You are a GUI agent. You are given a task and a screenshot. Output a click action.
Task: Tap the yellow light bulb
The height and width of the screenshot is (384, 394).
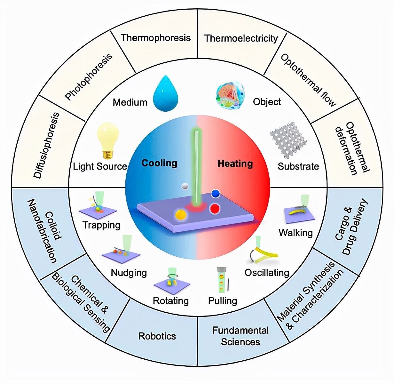108,140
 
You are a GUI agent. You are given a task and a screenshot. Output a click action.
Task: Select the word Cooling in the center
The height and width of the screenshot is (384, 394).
159,163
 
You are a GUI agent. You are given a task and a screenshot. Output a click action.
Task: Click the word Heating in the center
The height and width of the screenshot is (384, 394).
235,164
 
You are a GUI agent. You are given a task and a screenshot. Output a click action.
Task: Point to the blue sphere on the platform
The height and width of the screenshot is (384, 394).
216,193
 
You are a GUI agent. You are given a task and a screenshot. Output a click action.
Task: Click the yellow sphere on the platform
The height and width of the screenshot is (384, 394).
180,214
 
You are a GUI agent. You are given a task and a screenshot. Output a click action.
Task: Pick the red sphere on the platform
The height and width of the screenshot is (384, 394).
215,209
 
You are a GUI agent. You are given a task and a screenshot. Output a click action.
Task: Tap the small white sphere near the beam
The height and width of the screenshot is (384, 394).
185,186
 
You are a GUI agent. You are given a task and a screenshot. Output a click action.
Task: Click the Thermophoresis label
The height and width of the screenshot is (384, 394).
156,38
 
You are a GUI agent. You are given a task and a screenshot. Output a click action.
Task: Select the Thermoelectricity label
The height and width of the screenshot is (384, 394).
241,38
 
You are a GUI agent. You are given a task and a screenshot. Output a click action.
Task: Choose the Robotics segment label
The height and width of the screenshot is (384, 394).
157,336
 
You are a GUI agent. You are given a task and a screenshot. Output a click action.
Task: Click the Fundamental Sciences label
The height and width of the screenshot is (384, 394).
240,336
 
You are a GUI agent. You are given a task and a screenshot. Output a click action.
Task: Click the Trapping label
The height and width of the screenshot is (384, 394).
101,225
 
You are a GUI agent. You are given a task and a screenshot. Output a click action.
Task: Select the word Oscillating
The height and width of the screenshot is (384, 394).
267,273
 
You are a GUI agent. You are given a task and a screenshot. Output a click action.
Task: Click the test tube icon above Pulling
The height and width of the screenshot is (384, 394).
221,280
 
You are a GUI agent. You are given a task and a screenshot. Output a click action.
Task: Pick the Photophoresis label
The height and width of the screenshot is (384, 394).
89,77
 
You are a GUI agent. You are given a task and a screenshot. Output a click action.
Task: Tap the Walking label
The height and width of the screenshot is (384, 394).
295,233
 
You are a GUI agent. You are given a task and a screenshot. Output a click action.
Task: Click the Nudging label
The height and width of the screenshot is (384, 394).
129,273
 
